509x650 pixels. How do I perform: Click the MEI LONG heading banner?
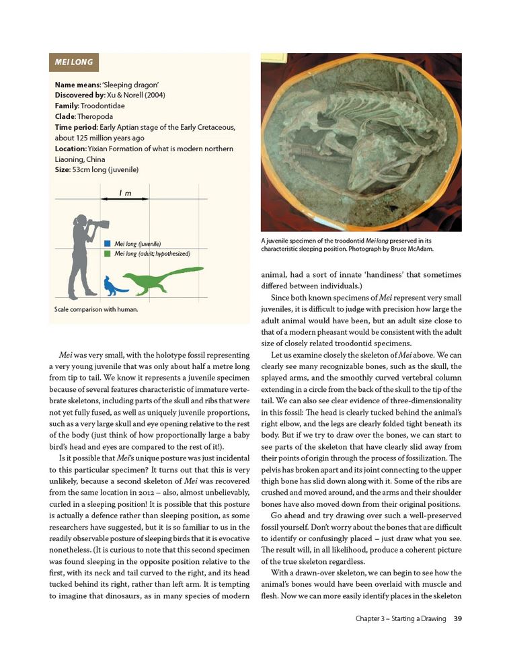coord(74,63)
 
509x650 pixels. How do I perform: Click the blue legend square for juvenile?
coord(108,243)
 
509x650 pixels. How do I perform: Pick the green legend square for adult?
coord(108,253)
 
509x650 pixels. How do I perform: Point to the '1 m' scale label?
coord(125,194)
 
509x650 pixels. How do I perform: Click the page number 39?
coord(457,619)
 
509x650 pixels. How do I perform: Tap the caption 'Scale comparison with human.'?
coord(96,310)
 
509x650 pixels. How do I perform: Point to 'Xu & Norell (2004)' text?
coord(134,95)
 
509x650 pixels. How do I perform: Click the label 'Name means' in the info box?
coord(77,85)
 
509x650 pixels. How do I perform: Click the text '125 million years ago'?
coord(100,138)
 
